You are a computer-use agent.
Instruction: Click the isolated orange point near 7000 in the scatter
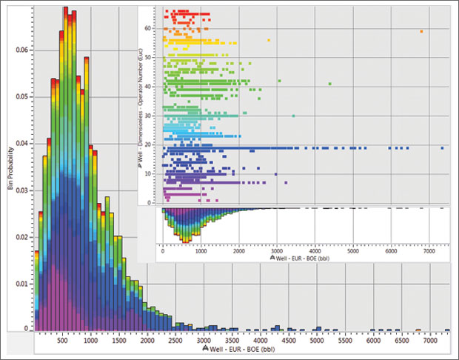[x=421, y=31]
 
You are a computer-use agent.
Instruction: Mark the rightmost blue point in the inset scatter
[x=442, y=148]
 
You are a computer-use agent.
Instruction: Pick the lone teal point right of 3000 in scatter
[x=293, y=116]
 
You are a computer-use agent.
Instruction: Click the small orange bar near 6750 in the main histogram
[x=418, y=330]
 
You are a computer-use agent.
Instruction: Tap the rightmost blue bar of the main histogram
[x=446, y=330]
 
